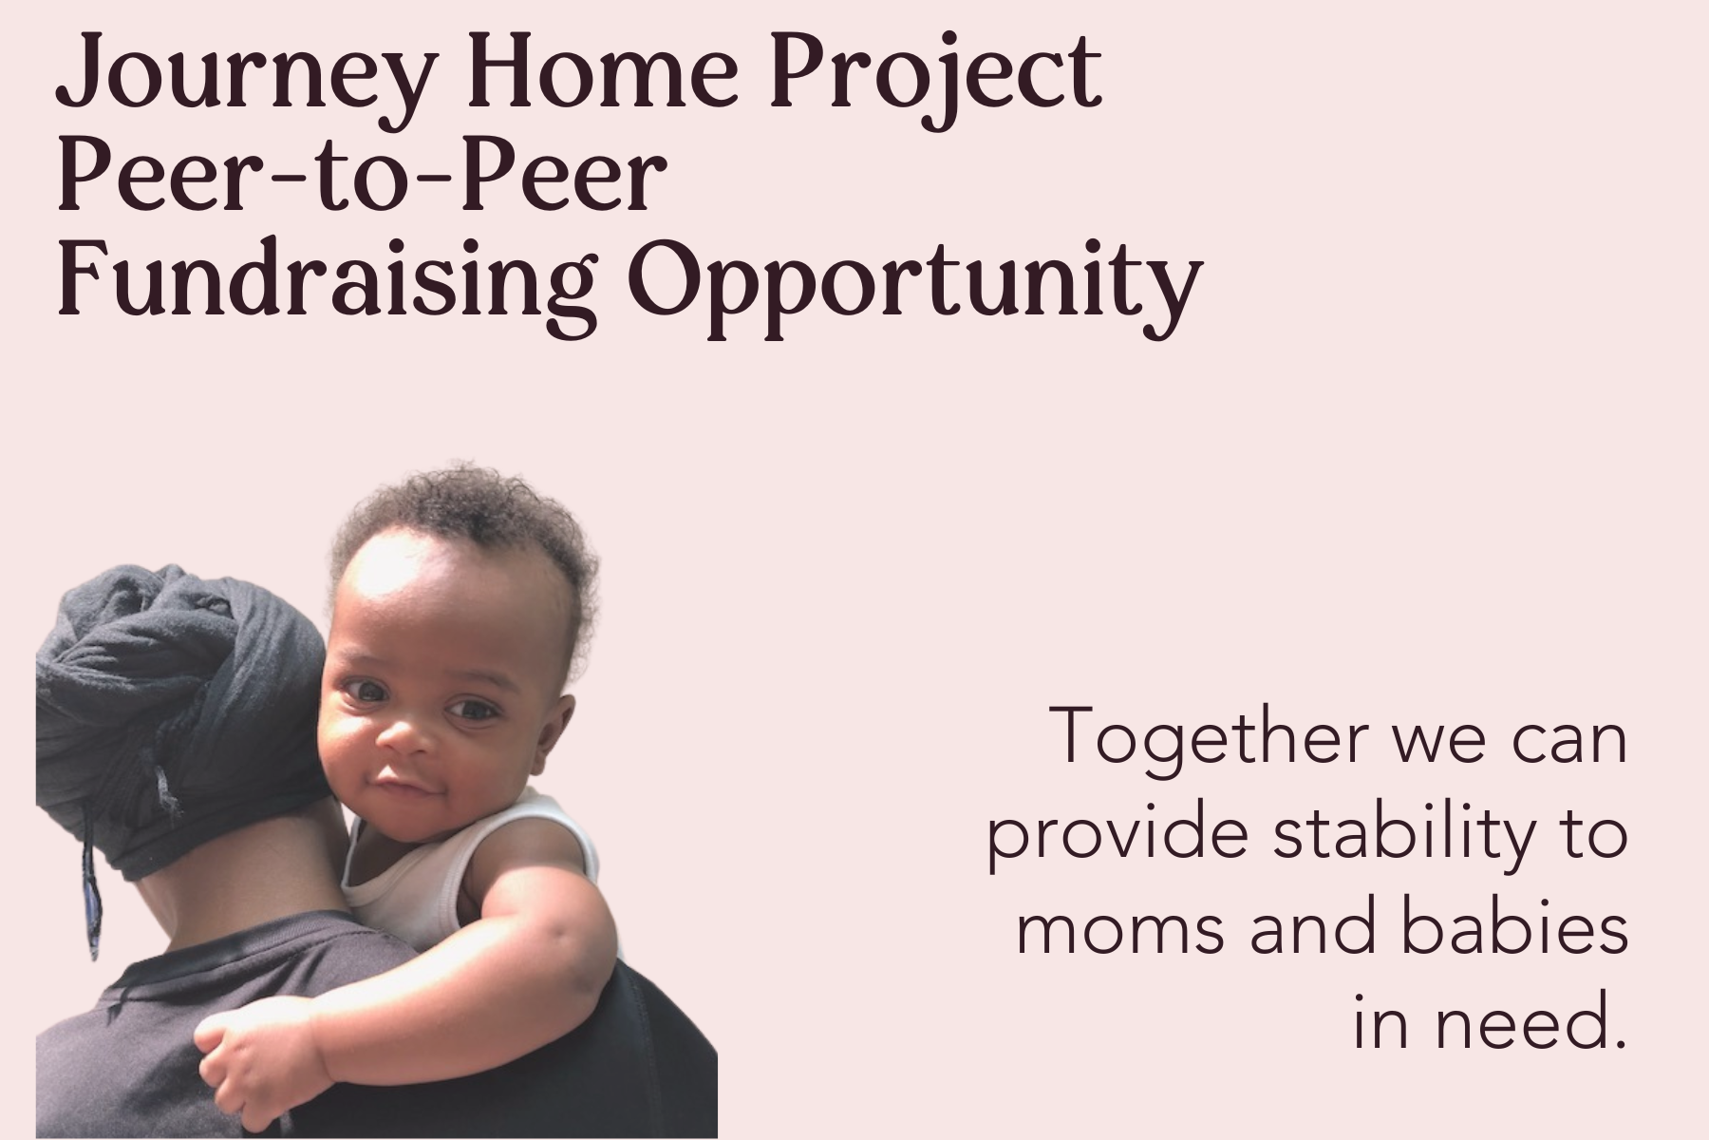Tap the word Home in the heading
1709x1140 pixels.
[x=604, y=71]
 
